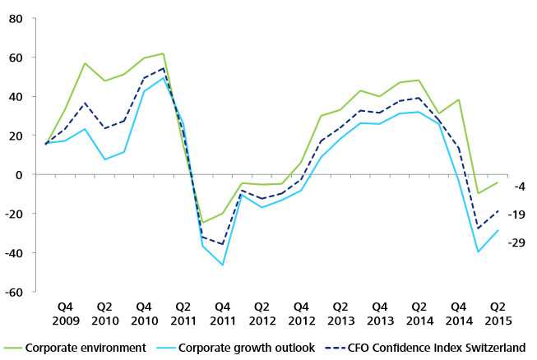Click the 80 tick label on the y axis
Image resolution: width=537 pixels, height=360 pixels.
(x=16, y=18)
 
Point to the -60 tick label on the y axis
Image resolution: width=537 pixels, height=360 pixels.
(x=14, y=293)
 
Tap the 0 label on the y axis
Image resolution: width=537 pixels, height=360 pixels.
(x=19, y=175)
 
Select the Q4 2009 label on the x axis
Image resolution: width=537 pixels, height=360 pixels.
(x=66, y=314)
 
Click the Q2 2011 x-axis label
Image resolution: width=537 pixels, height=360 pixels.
(x=183, y=314)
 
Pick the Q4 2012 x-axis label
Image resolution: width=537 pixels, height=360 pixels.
(x=301, y=314)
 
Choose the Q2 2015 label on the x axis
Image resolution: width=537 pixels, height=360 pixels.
(x=498, y=314)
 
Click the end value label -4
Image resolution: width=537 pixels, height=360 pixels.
(x=520, y=187)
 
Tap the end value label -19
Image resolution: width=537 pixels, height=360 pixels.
(x=516, y=215)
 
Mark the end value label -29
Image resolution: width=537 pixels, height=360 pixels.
(x=516, y=242)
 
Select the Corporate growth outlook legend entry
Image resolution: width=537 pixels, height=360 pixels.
(x=235, y=348)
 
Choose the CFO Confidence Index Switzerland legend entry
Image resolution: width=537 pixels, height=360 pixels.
(x=425, y=348)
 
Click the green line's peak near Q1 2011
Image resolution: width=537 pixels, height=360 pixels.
(x=164, y=53)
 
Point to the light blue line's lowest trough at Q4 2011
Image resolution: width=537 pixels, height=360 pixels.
(x=223, y=265)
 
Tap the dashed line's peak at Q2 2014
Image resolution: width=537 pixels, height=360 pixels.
(x=419, y=98)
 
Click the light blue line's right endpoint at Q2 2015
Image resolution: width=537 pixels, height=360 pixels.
(x=498, y=231)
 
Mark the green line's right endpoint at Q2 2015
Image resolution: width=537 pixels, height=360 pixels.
(x=498, y=182)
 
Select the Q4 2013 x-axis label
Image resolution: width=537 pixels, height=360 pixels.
(x=380, y=314)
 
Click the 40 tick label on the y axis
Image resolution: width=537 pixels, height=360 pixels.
(x=16, y=97)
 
